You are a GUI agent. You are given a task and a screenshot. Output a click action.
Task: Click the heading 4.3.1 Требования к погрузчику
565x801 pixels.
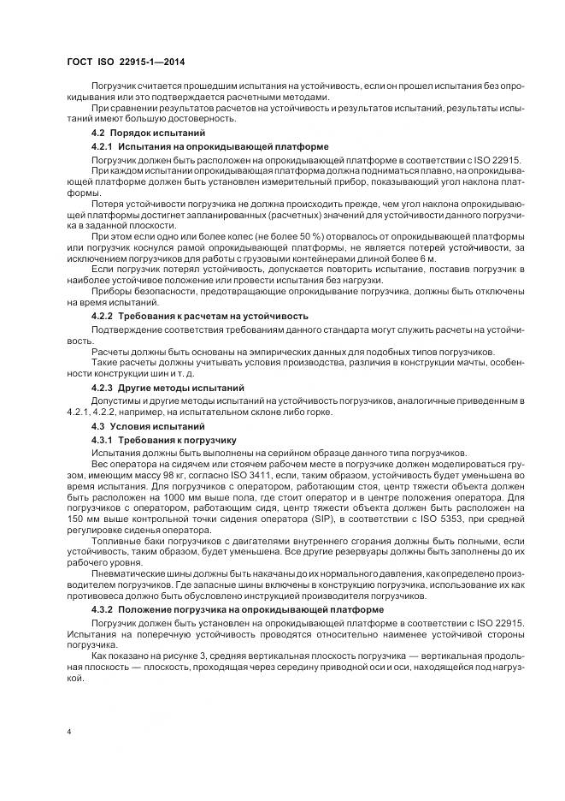point(168,439)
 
